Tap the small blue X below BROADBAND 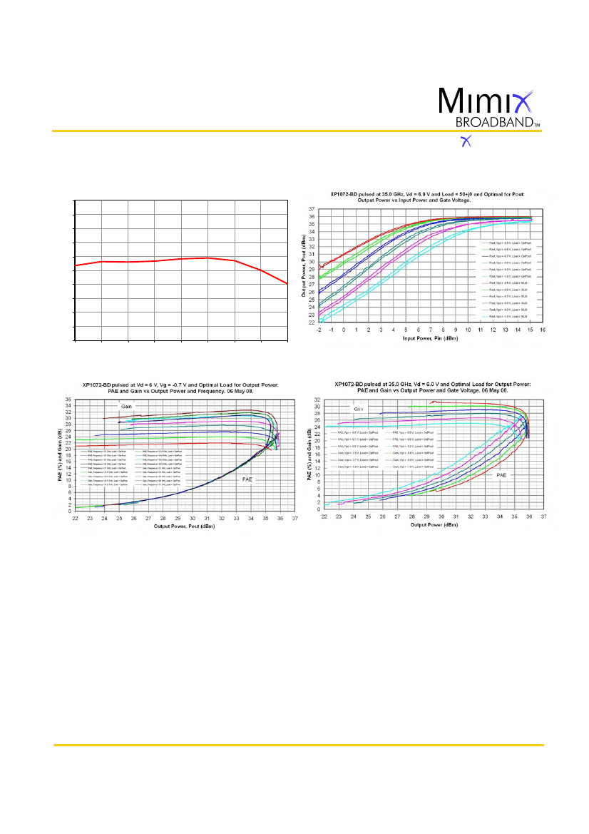(x=467, y=141)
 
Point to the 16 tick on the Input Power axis (x=543, y=330)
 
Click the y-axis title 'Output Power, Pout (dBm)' (x=303, y=265)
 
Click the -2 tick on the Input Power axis (x=319, y=330)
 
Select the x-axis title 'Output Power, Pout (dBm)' (x=185, y=526)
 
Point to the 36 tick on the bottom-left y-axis (x=68, y=400)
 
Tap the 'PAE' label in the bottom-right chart (x=502, y=474)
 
